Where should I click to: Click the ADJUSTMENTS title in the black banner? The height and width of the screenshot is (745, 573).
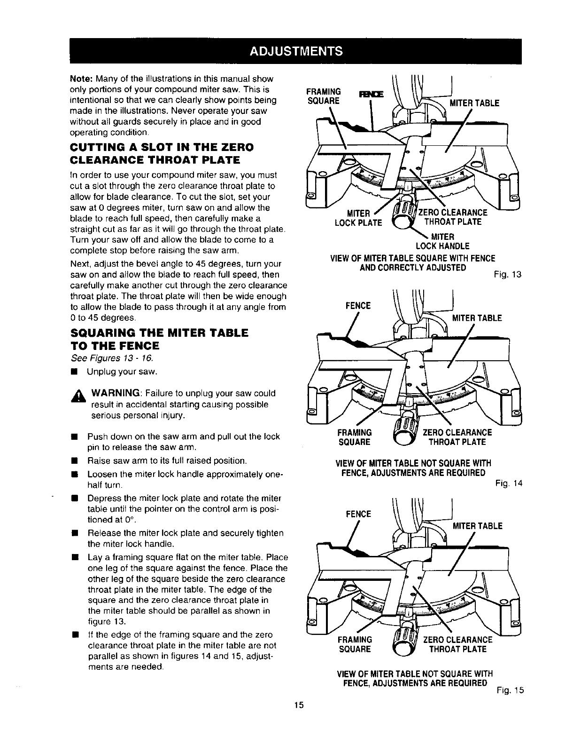pyautogui.click(x=295, y=51)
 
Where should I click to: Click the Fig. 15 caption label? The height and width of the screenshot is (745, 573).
pyautogui.click(x=510, y=690)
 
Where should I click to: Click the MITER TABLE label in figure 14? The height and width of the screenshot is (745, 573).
pyautogui.click(x=477, y=318)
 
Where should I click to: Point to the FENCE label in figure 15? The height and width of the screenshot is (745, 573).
pyautogui.click(x=358, y=514)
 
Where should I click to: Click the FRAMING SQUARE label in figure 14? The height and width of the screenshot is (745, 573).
pyautogui.click(x=355, y=437)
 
